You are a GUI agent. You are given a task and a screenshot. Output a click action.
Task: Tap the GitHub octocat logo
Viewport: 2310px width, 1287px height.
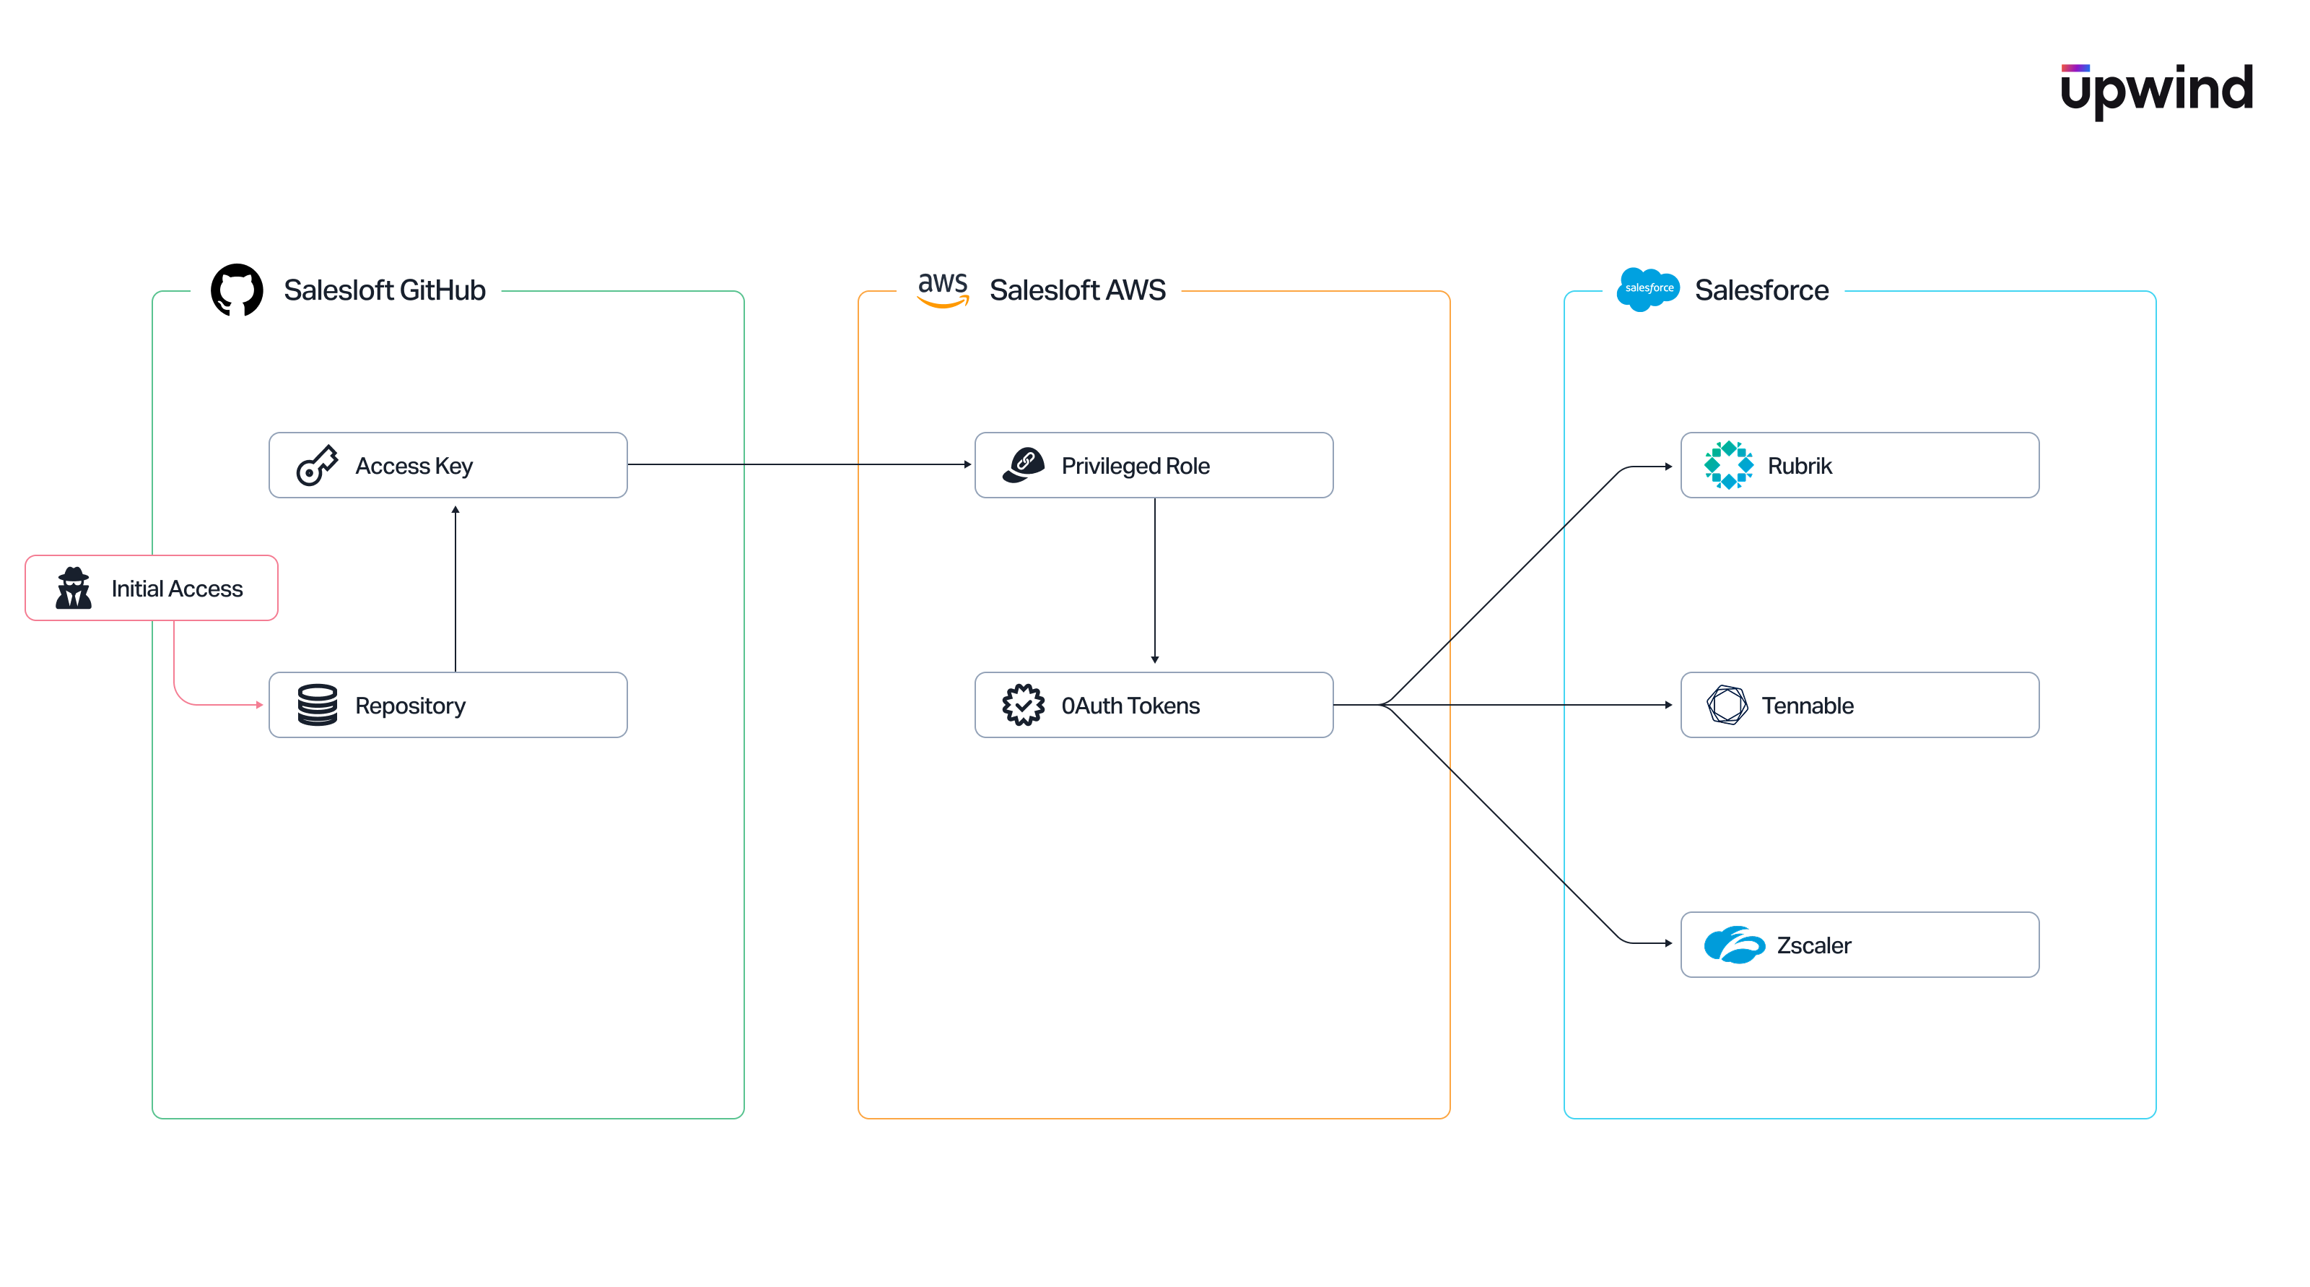237,290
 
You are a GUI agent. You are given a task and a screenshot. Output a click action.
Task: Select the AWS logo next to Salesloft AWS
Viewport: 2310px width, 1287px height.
943,290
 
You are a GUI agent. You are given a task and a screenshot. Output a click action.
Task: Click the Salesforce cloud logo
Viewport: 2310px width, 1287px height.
1647,289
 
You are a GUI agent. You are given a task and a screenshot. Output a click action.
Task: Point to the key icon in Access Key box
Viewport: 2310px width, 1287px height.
317,466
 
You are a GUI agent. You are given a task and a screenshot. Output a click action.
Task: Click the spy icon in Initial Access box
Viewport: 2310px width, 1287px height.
74,589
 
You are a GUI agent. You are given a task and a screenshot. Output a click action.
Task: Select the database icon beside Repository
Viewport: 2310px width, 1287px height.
317,705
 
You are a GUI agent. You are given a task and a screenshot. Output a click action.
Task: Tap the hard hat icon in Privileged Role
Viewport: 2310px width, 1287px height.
1023,464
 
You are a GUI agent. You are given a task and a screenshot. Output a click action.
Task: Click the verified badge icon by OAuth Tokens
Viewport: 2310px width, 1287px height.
1023,705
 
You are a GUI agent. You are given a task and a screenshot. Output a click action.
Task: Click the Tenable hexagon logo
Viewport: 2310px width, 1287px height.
1727,705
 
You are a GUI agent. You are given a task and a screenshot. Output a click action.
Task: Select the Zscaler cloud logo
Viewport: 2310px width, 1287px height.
1733,945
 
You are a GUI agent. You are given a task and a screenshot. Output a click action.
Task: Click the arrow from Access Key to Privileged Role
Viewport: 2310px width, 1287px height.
798,464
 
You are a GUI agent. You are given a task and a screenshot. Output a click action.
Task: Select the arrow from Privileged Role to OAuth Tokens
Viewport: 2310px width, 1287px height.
1155,583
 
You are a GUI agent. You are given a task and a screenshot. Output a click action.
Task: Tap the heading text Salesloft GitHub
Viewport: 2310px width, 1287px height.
384,290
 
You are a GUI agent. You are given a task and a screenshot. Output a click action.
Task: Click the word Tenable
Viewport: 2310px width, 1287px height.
1807,706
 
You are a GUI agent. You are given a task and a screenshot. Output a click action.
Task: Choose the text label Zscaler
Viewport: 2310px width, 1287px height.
1813,945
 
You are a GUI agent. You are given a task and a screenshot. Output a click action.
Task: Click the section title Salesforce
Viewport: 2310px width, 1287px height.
1761,290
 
